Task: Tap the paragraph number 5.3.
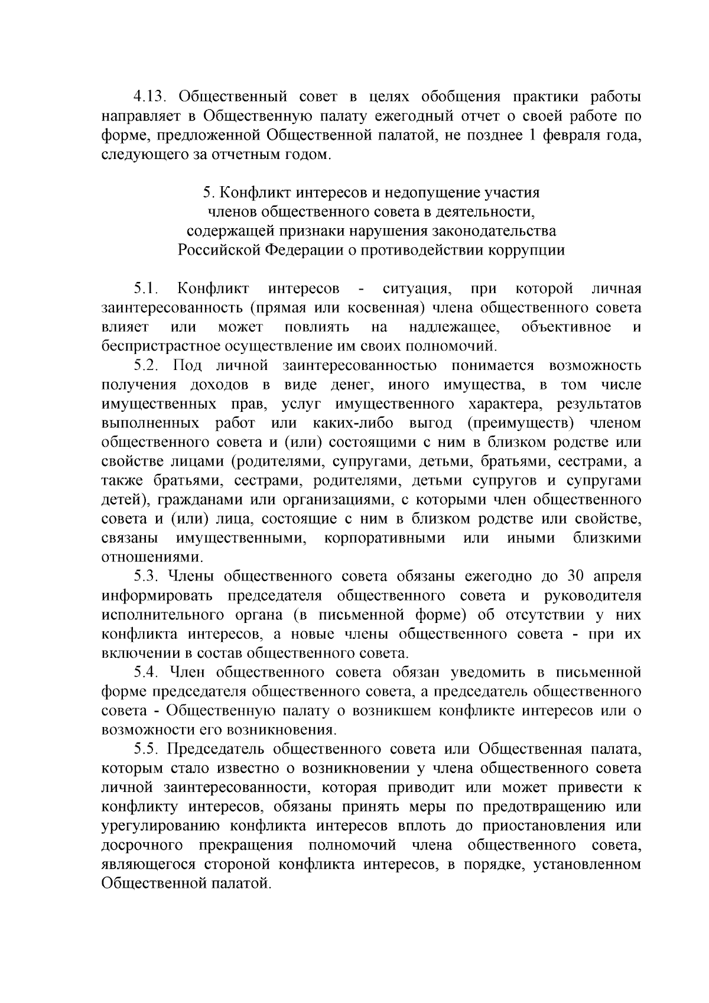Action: (x=147, y=577)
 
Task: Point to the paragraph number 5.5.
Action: (x=147, y=750)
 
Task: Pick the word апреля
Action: (x=616, y=577)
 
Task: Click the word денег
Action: (x=350, y=385)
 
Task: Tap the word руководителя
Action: (x=592, y=596)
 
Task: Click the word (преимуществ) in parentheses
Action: (x=521, y=424)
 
